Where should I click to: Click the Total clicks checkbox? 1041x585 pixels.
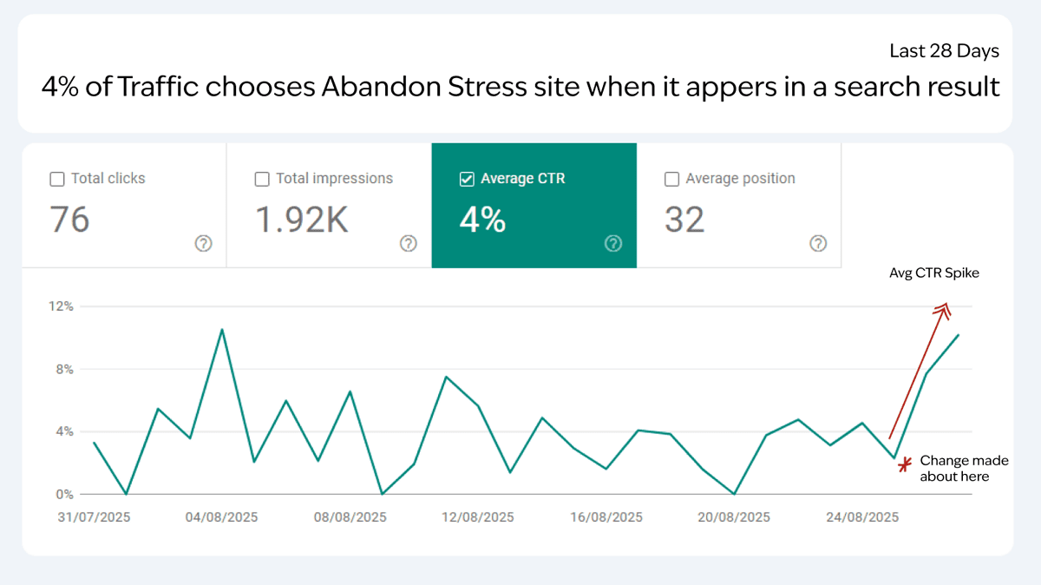[57, 180]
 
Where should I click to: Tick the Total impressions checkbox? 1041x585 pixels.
[262, 180]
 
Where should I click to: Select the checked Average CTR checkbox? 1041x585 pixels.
[467, 180]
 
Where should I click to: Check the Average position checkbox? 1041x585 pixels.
[671, 180]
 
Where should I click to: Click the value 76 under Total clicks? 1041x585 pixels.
[69, 220]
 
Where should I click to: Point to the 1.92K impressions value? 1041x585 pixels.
[301, 220]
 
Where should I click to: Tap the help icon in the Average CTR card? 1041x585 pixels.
[613, 244]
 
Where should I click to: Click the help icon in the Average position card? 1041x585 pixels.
[818, 244]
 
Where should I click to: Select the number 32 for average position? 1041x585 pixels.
[684, 220]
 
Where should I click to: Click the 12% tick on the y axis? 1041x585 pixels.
[61, 306]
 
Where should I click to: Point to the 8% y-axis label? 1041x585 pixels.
[63, 369]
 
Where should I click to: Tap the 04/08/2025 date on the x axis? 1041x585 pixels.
[222, 517]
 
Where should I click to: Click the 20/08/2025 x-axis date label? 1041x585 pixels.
[734, 517]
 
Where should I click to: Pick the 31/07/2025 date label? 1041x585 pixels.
[94, 517]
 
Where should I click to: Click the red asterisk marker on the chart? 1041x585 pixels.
[905, 465]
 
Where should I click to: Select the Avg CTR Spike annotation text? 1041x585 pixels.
[933, 273]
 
